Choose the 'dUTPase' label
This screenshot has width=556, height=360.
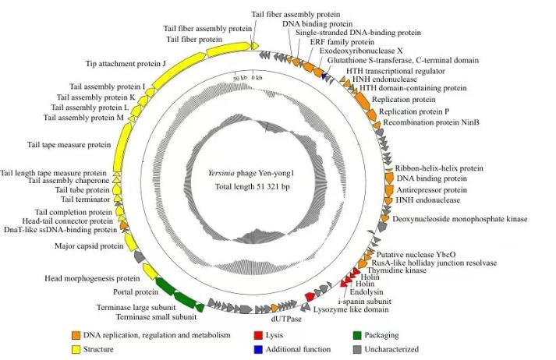click(x=285, y=318)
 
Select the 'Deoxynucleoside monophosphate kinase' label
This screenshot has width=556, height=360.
click(x=461, y=220)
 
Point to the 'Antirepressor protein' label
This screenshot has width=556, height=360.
click(x=431, y=189)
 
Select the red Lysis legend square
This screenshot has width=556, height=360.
click(x=258, y=335)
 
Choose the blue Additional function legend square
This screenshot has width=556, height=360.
click(x=258, y=349)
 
